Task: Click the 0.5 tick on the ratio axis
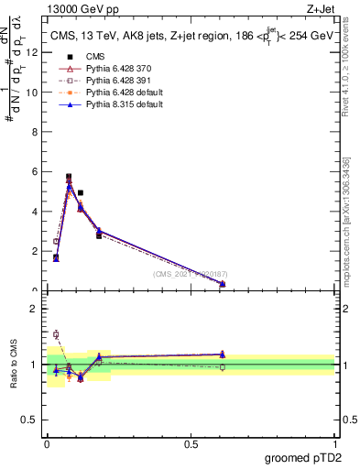tap(34, 420)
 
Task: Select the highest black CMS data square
tap(69, 177)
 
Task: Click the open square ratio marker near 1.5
tap(56, 334)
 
